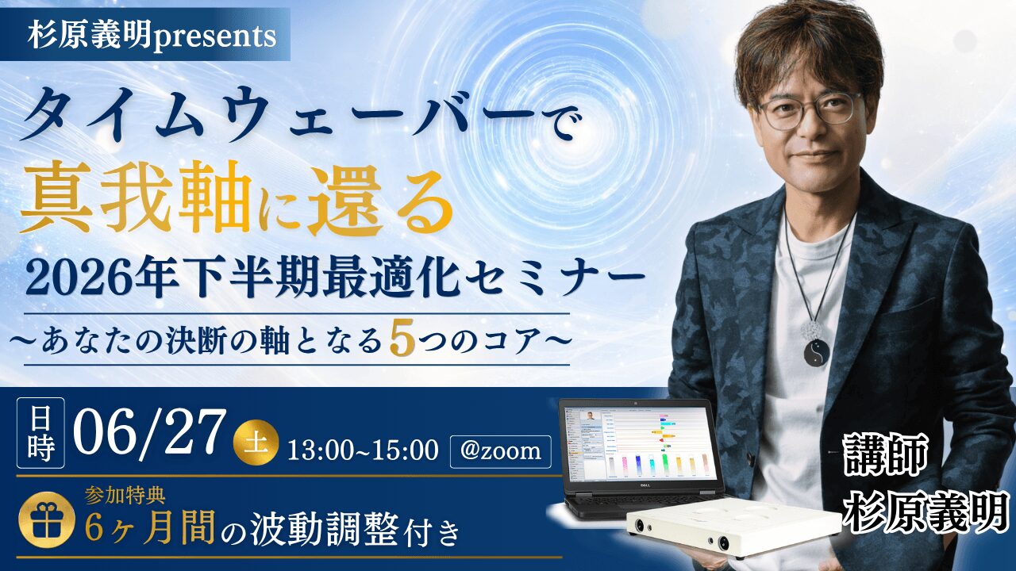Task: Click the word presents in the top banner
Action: [215, 36]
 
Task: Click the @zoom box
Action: [500, 451]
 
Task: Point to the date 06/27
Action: [150, 432]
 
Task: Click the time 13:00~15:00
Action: [363, 451]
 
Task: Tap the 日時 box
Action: [40, 433]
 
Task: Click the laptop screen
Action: [641, 445]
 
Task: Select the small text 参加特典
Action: [125, 496]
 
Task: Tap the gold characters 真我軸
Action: [136, 205]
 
